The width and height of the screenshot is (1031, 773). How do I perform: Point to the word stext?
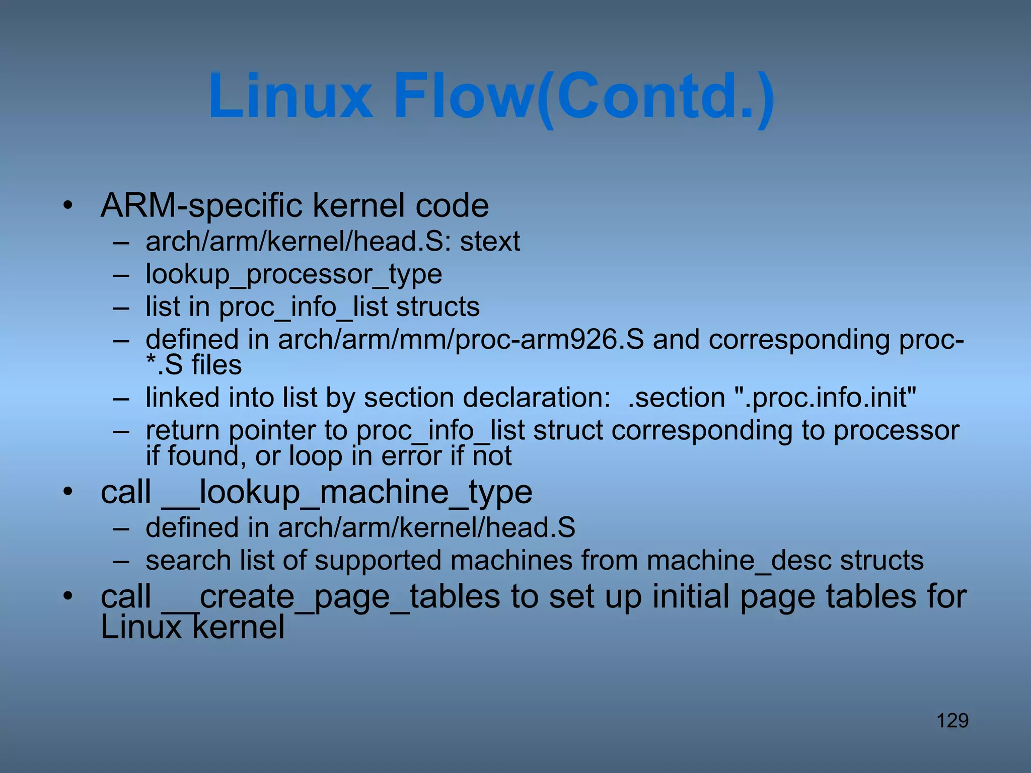pos(490,242)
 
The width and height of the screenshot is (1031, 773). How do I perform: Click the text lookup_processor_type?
pos(293,275)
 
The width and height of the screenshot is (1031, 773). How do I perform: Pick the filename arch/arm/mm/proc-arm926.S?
pos(461,340)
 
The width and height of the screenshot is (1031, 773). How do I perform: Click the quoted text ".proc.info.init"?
pos(826,398)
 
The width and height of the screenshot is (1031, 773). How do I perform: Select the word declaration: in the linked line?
pos(537,398)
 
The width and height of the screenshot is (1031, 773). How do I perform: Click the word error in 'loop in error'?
pos(411,456)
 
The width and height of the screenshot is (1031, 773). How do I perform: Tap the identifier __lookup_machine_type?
pos(347,492)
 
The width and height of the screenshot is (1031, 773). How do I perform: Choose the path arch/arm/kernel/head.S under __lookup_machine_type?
pos(426,528)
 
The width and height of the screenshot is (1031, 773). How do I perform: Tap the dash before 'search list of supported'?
pos(121,561)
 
